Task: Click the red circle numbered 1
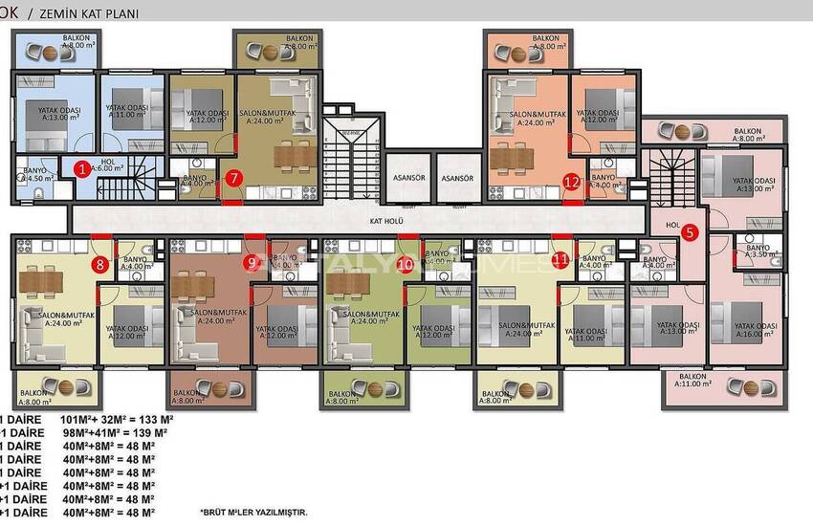pos(83,170)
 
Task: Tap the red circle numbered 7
pos(236,178)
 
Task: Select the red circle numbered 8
pos(99,265)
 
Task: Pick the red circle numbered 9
pos(253,263)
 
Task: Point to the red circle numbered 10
pos(406,264)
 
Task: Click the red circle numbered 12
pos(572,181)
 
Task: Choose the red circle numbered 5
pos(691,230)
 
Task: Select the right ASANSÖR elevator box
pos(458,179)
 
